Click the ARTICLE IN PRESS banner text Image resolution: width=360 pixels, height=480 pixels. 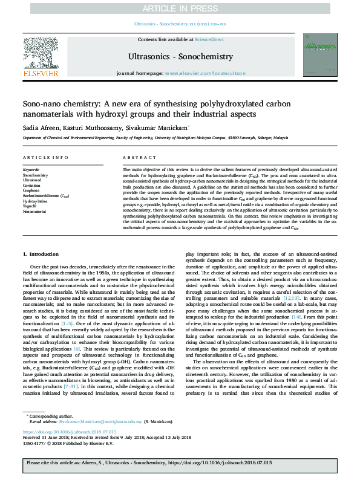[180, 7]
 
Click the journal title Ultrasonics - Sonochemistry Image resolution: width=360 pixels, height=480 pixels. [180, 57]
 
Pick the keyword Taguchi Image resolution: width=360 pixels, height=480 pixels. [30, 206]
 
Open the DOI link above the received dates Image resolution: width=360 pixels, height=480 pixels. [64, 432]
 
